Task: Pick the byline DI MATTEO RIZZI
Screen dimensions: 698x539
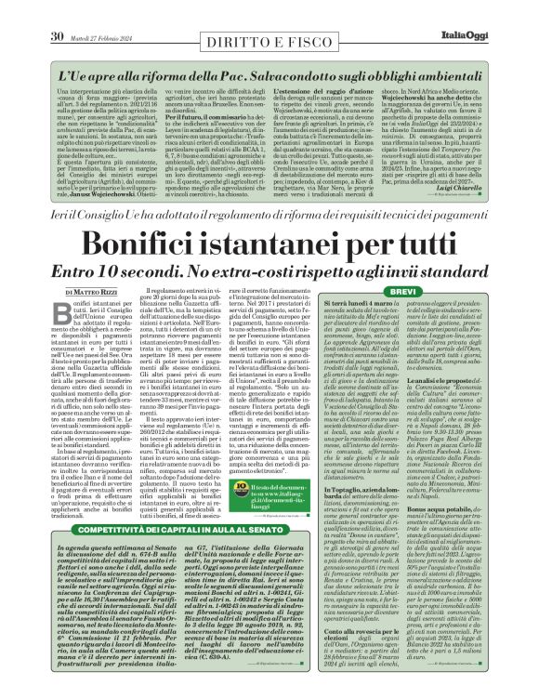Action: (x=73, y=267)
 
